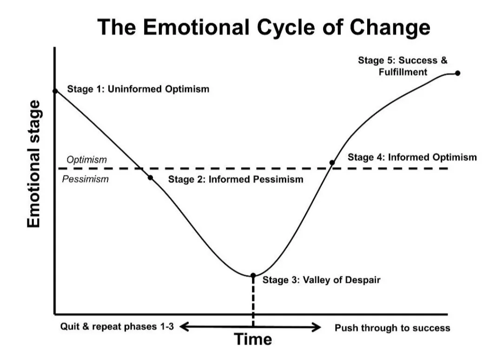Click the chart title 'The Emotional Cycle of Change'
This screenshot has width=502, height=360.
264,27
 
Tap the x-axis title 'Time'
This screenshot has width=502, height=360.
253,340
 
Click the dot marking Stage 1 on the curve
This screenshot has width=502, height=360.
55,91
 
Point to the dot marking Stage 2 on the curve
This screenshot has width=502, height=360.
150,177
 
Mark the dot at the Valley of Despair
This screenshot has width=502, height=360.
253,275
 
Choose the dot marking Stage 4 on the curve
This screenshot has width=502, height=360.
332,163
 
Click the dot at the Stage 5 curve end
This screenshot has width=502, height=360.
457,73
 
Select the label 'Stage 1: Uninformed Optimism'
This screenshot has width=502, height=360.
138,89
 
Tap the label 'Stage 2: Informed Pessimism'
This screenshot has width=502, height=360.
235,179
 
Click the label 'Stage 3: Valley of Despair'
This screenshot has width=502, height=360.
321,280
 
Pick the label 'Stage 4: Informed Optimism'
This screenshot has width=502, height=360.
412,157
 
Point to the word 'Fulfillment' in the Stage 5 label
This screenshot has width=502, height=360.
403,72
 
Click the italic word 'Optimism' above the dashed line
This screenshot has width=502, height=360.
86,160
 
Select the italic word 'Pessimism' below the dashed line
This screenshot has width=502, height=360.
85,179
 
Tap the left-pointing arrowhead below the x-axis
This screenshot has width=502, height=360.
184,327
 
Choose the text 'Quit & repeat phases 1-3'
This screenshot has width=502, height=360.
117,326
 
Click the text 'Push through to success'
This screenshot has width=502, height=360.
392,328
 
